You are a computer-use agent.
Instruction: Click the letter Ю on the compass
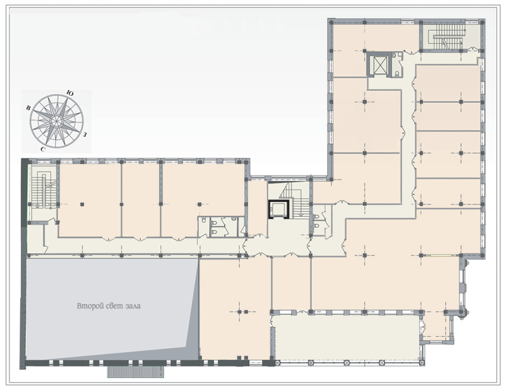[x=69, y=93]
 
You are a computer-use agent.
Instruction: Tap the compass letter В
[x=28, y=108]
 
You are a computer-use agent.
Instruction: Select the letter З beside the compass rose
[x=85, y=134]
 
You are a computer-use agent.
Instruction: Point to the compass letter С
[x=43, y=149]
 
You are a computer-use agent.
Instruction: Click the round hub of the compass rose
[x=57, y=121]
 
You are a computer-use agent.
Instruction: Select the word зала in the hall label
[x=133, y=306]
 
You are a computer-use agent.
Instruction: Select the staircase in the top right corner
[x=447, y=37]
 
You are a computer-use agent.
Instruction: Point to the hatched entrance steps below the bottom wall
[x=136, y=372]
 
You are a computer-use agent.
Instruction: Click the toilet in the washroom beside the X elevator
[x=397, y=73]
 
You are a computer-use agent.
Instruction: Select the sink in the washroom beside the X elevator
[x=395, y=56]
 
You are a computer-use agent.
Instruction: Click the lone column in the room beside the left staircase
[x=82, y=204]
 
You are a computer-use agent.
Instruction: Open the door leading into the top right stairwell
[x=473, y=49]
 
